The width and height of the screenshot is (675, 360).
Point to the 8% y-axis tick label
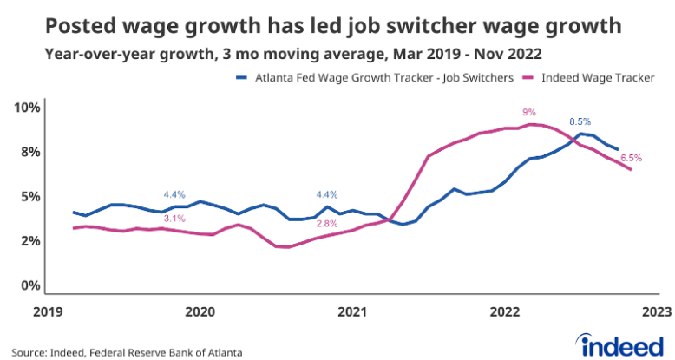[29, 152]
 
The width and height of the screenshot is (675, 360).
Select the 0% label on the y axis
[29, 285]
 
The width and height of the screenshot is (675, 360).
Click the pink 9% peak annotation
[529, 112]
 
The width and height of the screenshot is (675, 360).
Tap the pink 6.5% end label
[631, 158]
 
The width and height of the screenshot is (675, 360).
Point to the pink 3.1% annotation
[174, 218]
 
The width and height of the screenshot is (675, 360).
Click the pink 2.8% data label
[327, 224]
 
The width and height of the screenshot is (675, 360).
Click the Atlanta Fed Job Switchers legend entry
[376, 77]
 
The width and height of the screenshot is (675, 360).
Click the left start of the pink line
[74, 228]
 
